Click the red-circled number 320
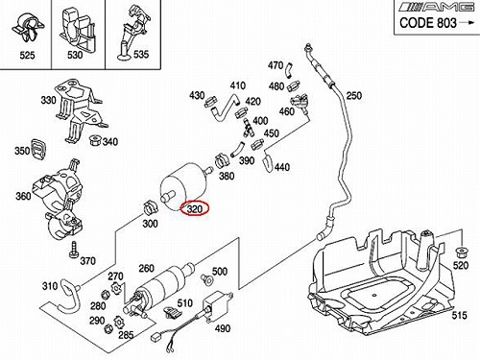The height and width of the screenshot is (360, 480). tap(195, 209)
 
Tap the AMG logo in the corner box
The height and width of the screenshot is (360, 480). tap(438, 7)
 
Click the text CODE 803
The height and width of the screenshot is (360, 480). tap(428, 23)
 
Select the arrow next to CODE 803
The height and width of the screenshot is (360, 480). tap(467, 22)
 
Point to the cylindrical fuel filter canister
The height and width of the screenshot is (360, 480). tap(184, 187)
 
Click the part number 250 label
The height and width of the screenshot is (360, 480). tap(353, 96)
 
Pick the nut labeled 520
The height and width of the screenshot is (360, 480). tap(461, 252)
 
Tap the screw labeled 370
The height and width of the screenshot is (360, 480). tap(73, 249)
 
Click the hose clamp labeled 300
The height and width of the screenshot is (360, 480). tap(150, 207)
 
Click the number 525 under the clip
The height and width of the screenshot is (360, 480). tap(27, 55)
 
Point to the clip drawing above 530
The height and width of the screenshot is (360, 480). tap(76, 27)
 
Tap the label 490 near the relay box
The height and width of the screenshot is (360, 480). tap(222, 328)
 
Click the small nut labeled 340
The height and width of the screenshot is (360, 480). tap(94, 140)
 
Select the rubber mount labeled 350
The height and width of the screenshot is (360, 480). tap(38, 149)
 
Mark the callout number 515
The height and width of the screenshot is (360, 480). tap(459, 316)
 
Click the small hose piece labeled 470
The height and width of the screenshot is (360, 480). tap(289, 70)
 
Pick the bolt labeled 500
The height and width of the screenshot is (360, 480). tap(206, 279)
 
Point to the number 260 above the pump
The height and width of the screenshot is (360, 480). tap(146, 268)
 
